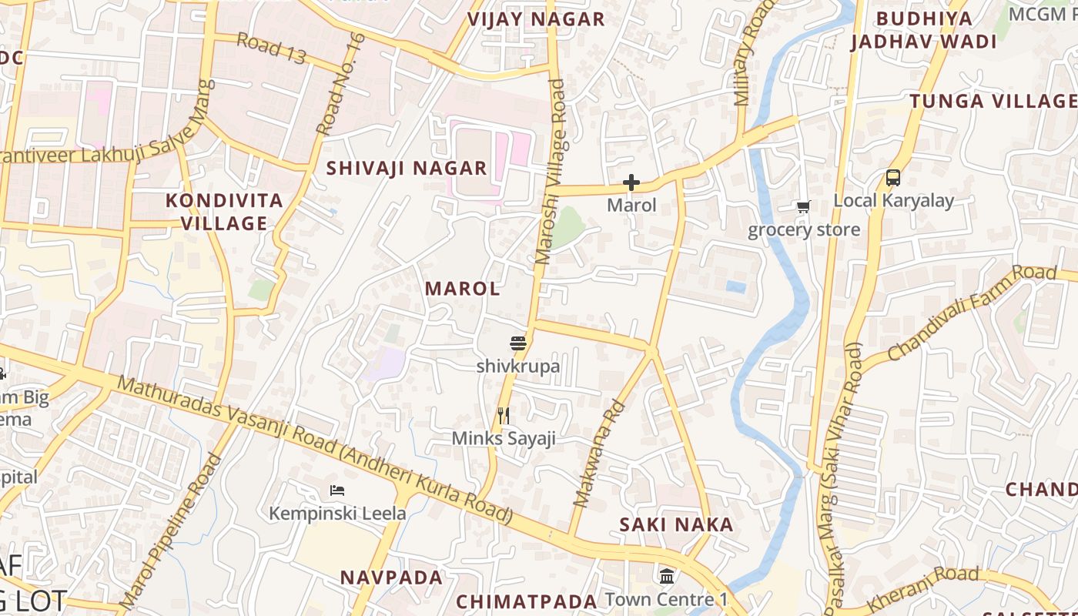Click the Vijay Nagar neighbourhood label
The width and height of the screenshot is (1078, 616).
[536, 20]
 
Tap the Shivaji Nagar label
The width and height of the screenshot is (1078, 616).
[407, 168]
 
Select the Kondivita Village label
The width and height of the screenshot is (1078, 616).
[225, 212]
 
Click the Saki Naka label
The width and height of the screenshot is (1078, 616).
[677, 524]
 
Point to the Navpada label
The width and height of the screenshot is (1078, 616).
[392, 577]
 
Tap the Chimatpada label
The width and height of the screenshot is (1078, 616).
[527, 601]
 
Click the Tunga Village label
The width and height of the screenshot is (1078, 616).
[993, 101]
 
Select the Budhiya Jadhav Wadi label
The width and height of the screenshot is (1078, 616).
[924, 30]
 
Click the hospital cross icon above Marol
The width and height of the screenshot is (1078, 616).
[631, 182]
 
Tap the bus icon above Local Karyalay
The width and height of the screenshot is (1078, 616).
[893, 178]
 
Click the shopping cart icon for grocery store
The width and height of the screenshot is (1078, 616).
[804, 206]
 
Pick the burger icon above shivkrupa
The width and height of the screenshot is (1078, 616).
[517, 343]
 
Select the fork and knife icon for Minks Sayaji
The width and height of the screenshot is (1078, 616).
[504, 416]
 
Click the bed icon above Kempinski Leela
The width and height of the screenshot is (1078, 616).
[336, 490]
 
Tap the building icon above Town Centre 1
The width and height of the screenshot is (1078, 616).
[667, 575]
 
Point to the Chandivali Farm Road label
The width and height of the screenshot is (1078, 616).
[972, 313]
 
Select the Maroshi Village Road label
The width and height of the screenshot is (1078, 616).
[551, 172]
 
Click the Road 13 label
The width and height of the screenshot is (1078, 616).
[271, 48]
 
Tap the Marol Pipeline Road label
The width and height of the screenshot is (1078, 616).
[171, 531]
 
